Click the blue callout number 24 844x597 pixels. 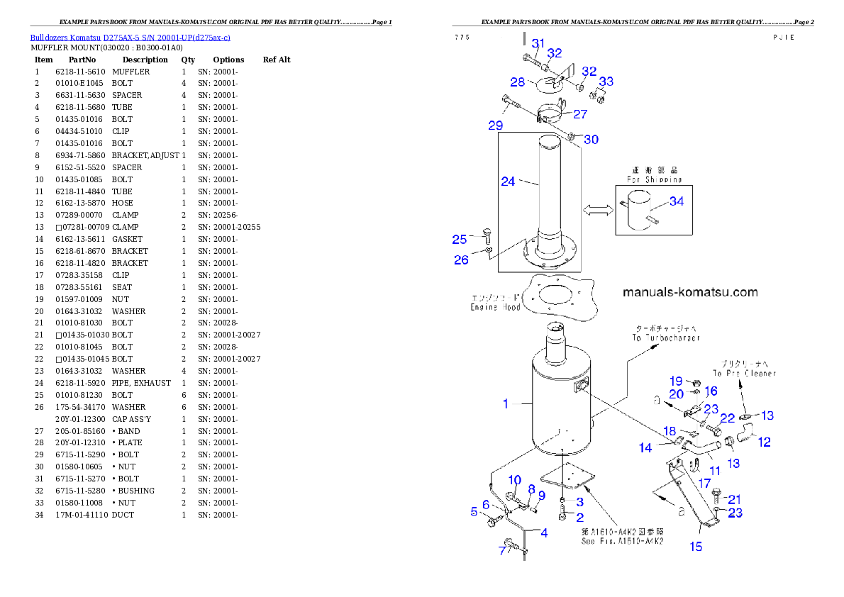coord(508,182)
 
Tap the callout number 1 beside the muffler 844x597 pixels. coord(506,403)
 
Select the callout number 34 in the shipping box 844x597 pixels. coord(677,201)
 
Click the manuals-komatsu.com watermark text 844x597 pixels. coord(690,292)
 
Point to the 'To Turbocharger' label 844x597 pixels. coord(666,338)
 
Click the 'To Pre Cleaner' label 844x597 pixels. coord(745,373)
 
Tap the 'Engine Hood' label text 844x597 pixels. coord(496,307)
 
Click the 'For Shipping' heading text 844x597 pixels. coord(653,179)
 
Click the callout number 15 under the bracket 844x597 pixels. coord(696,546)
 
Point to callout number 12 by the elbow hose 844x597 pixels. coord(764,442)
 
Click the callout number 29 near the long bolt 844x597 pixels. coord(495,125)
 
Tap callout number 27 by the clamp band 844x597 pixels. coord(580,113)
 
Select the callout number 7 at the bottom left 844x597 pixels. coord(504,551)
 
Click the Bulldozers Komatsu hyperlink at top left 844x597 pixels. coord(130,37)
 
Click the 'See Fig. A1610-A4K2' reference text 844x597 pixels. coord(622,541)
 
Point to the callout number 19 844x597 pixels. coord(676,381)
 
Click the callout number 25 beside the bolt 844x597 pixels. coord(460,239)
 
